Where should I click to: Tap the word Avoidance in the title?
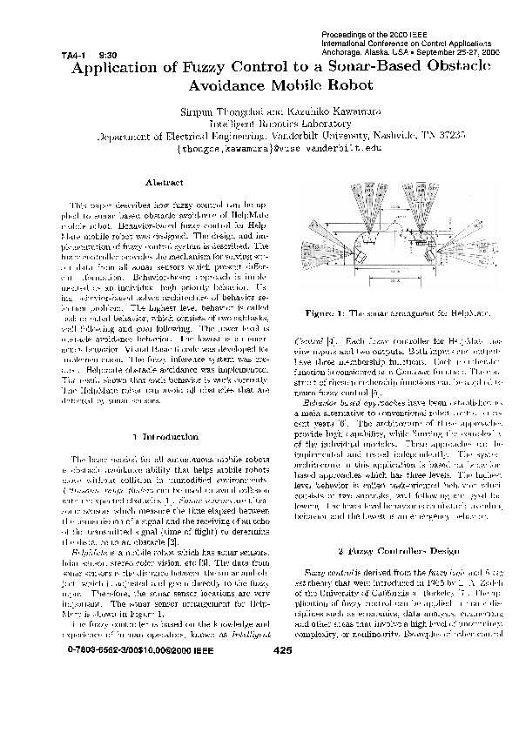click(x=228, y=85)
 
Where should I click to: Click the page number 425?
click(x=283, y=675)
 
